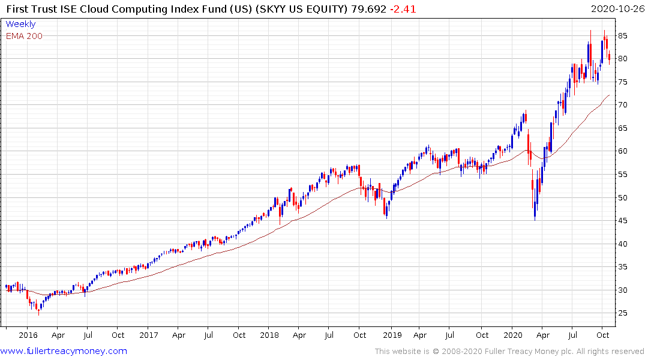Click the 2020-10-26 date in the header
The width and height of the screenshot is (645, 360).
(x=617, y=9)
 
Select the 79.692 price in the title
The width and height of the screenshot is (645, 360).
(x=368, y=9)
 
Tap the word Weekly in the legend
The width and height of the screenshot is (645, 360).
(x=20, y=24)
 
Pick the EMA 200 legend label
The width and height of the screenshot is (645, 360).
(x=24, y=36)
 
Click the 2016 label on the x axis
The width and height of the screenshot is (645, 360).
(x=28, y=335)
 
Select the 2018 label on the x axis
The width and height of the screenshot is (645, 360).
(x=270, y=335)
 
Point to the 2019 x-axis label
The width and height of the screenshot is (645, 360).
(x=392, y=335)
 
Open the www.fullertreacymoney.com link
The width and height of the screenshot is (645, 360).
(x=64, y=351)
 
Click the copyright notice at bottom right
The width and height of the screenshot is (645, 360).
(x=509, y=351)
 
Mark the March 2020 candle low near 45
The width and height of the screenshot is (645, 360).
(x=535, y=220)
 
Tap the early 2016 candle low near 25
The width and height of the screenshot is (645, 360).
(x=39, y=314)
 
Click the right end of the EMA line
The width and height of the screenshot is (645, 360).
(x=610, y=95)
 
